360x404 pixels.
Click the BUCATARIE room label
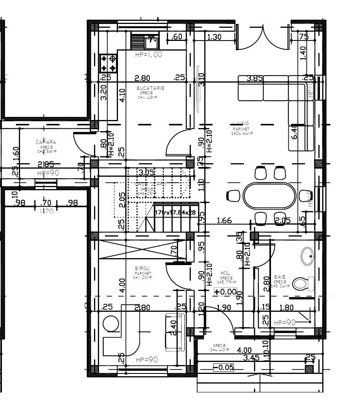click(x=150, y=88)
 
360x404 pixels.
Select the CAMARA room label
click(x=46, y=142)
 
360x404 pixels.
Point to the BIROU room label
click(x=142, y=268)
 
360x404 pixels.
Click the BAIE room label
click(x=279, y=277)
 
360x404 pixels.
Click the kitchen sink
click(x=151, y=41)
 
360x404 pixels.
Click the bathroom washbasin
click(x=308, y=256)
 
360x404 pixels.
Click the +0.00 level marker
click(x=225, y=292)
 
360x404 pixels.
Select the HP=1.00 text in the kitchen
click(x=148, y=55)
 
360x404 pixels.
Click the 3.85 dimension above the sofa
click(x=254, y=78)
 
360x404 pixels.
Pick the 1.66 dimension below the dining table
click(x=224, y=221)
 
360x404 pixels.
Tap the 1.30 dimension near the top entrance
click(x=214, y=37)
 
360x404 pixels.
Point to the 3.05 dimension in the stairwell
click(x=146, y=172)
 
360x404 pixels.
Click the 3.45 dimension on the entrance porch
click(x=252, y=358)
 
